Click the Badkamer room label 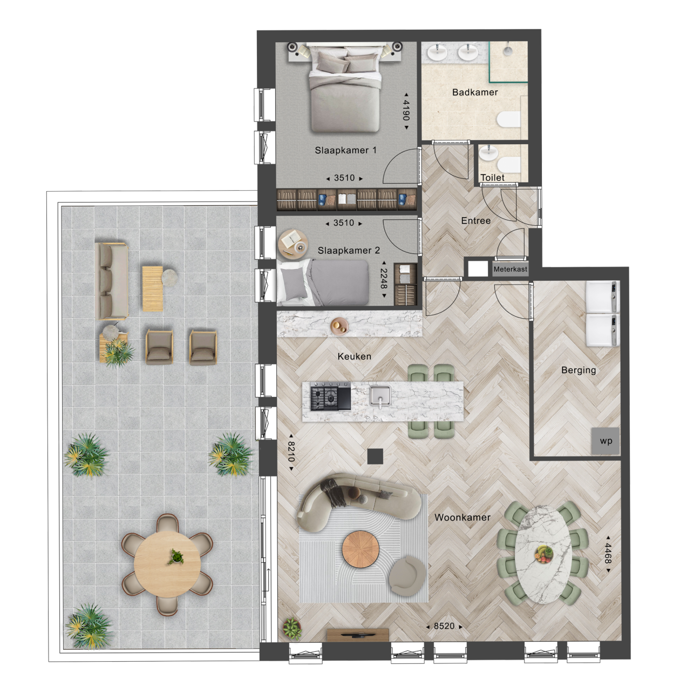click(475, 92)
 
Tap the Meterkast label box click(510, 269)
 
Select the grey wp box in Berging click(606, 441)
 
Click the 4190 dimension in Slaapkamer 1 click(406, 111)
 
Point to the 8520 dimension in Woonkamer click(444, 626)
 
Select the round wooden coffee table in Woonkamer click(361, 549)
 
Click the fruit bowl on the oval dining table click(543, 554)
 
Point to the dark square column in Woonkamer click(375, 456)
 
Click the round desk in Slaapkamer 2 click(293, 244)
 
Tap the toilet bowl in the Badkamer click(508, 119)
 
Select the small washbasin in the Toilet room click(488, 152)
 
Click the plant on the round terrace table click(176, 557)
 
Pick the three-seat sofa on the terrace click(112, 281)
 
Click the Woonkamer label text click(462, 517)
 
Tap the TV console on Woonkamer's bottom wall click(358, 635)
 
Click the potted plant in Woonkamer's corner click(292, 629)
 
